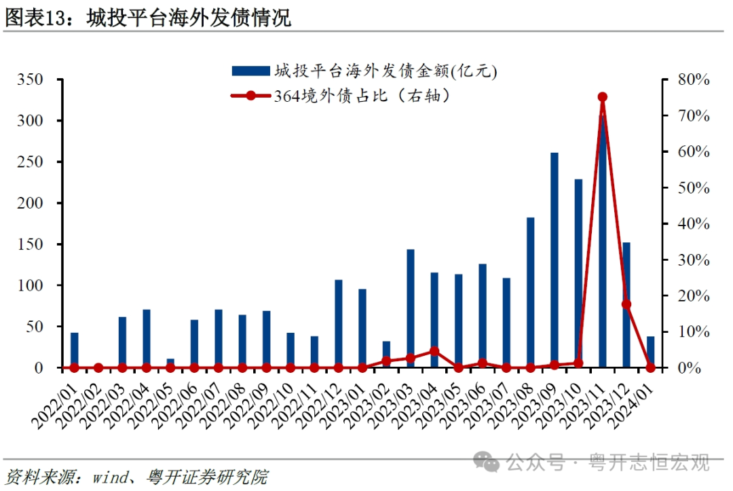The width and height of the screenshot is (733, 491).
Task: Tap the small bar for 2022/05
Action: pos(170,363)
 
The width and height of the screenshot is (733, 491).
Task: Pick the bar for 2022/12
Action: pos(339,323)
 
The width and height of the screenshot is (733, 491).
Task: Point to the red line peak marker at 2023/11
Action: pos(602,97)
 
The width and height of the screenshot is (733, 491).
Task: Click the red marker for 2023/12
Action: pos(626,304)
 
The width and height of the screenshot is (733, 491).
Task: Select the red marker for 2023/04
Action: pos(434,352)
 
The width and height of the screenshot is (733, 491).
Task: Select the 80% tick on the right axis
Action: pos(693,79)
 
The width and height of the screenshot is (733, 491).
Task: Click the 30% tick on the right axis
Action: pos(693,260)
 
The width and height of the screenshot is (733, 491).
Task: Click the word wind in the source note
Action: pos(103,477)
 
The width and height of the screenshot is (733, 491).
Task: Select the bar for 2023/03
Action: pos(411,308)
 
